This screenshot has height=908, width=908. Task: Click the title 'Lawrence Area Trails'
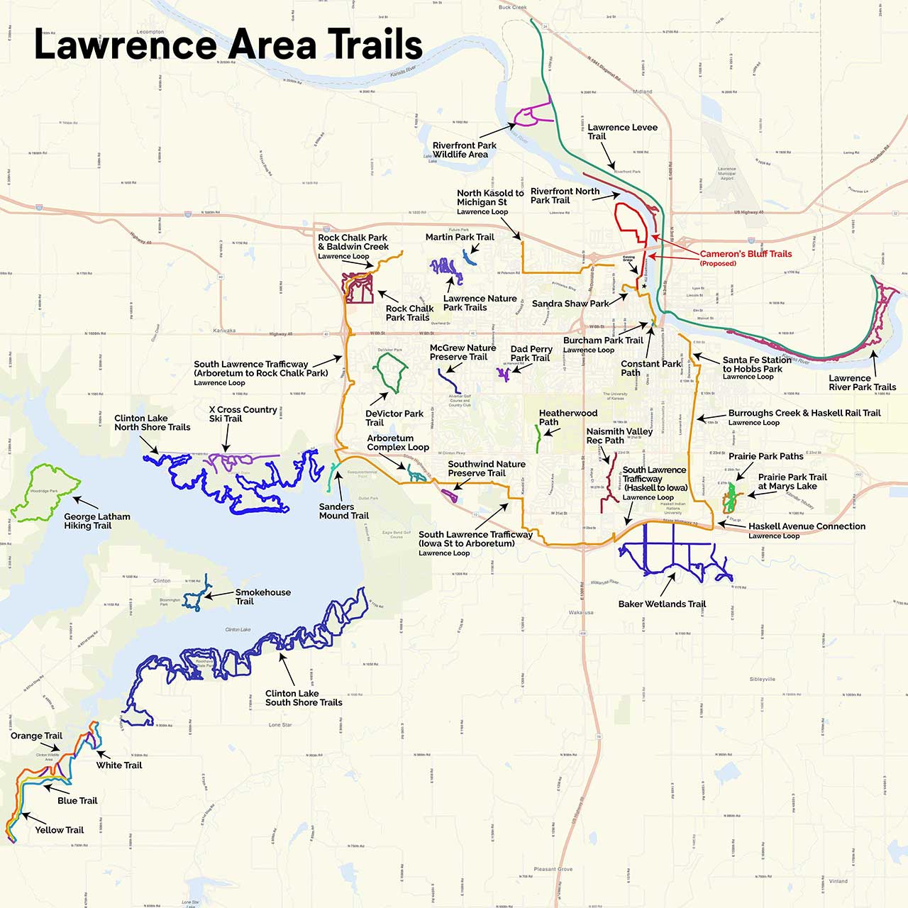228,45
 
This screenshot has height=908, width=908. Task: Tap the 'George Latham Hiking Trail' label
96,521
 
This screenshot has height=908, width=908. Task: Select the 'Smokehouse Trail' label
262,597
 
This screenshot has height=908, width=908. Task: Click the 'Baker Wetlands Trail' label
662,604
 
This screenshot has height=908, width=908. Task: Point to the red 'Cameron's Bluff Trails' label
746,254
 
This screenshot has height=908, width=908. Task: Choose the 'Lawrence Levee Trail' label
622,132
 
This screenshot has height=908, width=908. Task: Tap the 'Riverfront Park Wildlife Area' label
464,150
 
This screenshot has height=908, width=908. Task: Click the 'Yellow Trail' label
59,830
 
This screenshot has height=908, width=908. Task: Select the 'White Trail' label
119,765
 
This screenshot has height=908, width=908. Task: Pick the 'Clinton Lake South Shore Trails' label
303,698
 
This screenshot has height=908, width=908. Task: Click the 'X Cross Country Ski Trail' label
243,414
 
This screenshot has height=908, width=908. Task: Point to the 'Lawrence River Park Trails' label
862,383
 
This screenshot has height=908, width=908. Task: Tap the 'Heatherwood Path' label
567,418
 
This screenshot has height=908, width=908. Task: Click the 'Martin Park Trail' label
460,237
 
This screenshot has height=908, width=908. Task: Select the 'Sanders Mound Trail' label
343,511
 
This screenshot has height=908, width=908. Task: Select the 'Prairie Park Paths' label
766,456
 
